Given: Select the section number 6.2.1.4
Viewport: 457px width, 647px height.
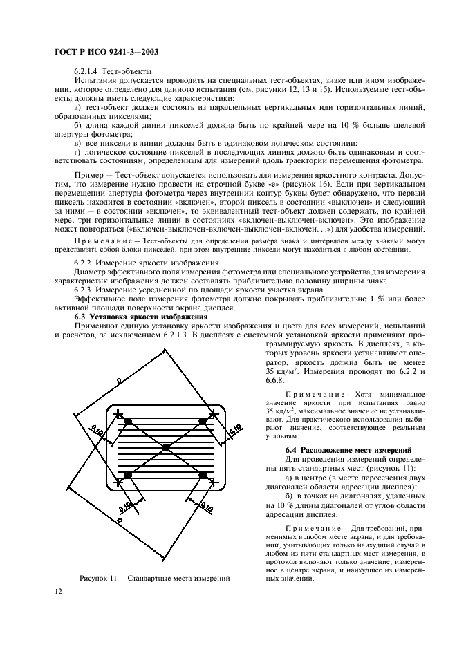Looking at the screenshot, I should (x=88, y=71).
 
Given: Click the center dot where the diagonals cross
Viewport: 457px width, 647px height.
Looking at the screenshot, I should (x=166, y=449).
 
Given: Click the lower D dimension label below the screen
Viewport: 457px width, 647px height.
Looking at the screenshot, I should (x=120, y=536).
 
